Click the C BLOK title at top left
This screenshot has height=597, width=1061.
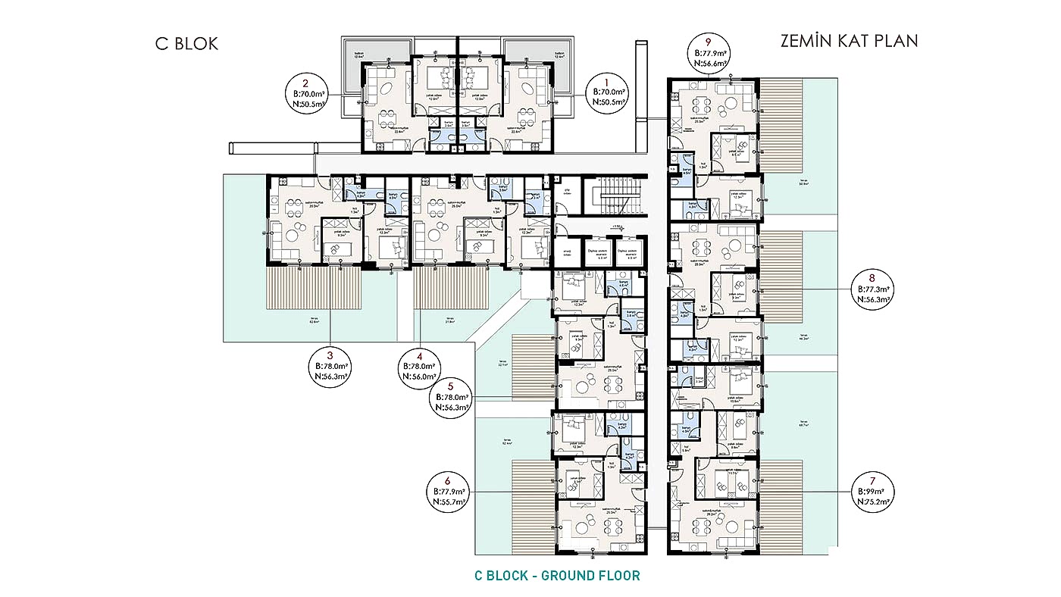tap(186, 43)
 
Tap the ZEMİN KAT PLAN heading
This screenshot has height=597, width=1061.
tap(849, 41)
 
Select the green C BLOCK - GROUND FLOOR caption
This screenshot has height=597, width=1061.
tap(557, 576)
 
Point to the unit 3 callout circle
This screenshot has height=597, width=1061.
tap(330, 368)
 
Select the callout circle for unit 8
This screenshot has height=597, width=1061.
tap(872, 289)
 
